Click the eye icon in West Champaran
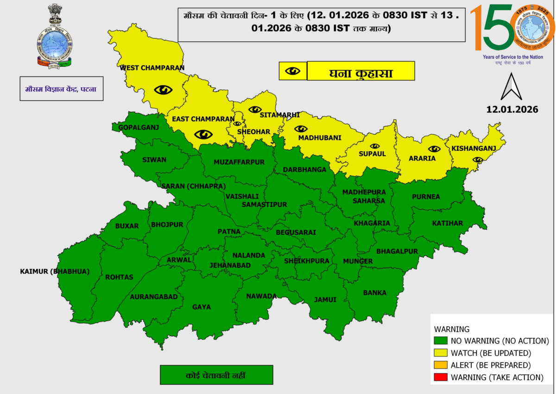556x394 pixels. [163, 90]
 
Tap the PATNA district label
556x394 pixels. [229, 232]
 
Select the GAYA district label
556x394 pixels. [202, 307]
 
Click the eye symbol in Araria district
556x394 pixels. [434, 149]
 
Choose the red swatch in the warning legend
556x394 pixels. [441, 377]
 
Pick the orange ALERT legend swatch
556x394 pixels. [441, 365]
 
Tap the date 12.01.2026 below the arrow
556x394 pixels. [512, 110]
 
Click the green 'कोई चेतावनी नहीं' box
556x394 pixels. [216, 375]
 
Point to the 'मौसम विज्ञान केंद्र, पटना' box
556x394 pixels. [61, 89]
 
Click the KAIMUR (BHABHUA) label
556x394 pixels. [55, 271]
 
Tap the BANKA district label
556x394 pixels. [375, 293]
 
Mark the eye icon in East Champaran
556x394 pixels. [204, 135]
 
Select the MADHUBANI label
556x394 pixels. [320, 138]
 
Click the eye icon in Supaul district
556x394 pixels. [374, 146]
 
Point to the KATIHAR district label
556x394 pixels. [447, 224]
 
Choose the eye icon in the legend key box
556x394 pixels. [293, 71]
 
